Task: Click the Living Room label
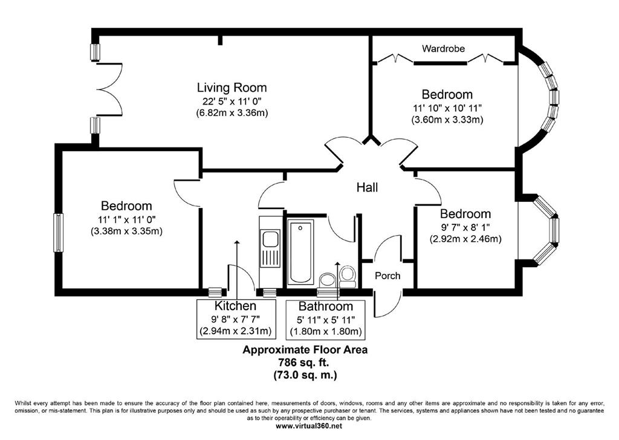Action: [232, 88]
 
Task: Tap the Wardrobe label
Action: [443, 48]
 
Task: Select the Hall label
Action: [367, 187]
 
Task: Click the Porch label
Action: [387, 276]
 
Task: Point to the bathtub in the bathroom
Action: [301, 252]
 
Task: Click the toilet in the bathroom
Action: [348, 277]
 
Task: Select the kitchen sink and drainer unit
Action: [270, 248]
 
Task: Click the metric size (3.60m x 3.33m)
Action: [447, 120]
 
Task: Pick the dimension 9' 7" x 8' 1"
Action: [465, 227]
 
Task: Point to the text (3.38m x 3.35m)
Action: [126, 231]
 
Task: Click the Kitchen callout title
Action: [235, 306]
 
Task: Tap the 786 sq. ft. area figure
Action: [305, 362]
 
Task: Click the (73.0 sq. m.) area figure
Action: [305, 375]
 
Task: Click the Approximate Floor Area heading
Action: [305, 349]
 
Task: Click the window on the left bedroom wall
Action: [58, 233]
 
